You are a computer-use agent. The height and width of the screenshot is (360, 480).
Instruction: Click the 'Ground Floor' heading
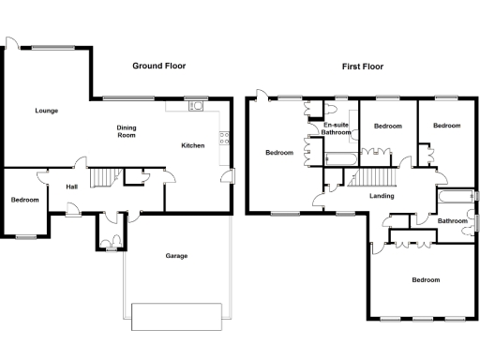click(x=158, y=67)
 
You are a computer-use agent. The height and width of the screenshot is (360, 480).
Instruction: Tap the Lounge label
click(x=47, y=111)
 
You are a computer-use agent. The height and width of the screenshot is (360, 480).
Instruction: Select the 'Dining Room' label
click(x=127, y=131)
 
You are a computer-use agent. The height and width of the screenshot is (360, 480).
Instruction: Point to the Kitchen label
click(x=193, y=145)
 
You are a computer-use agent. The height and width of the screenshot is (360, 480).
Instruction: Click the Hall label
click(x=71, y=187)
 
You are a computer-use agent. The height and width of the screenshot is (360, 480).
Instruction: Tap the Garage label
click(x=176, y=256)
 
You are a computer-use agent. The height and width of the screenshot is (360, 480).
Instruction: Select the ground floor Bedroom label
click(x=25, y=200)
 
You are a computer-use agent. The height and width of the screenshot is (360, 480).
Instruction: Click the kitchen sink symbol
click(x=197, y=106)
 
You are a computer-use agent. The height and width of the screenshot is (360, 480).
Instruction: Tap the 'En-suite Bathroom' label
click(x=337, y=128)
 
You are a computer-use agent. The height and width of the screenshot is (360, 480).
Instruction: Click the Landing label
click(x=381, y=196)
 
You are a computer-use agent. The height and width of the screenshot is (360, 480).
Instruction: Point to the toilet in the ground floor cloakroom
click(x=112, y=246)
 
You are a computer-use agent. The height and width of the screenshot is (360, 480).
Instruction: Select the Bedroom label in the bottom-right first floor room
click(x=426, y=279)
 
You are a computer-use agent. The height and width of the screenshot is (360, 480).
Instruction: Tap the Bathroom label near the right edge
click(x=453, y=220)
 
